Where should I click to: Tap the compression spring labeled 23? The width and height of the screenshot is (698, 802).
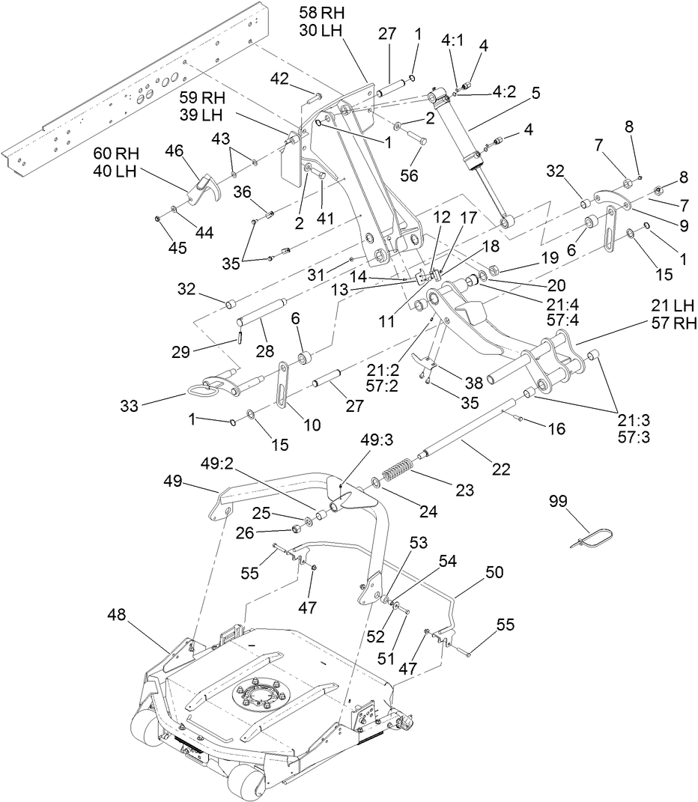point(399,475)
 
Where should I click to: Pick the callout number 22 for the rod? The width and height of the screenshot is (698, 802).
point(501,470)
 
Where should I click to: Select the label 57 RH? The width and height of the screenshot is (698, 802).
point(675,323)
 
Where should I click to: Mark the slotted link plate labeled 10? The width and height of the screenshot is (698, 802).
point(282,384)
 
